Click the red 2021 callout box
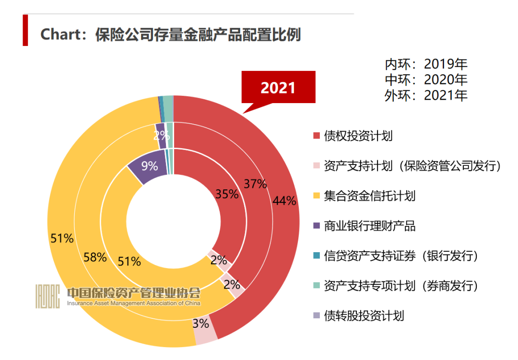(x=278, y=88)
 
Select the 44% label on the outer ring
(x=284, y=201)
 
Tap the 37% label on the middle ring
(x=255, y=184)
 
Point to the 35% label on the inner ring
(x=227, y=194)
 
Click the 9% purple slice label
(x=149, y=166)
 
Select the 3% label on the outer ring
(x=200, y=324)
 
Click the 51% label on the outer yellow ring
(x=62, y=238)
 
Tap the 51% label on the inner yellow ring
(x=129, y=262)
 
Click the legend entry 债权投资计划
(x=358, y=136)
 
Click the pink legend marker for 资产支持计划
(x=317, y=166)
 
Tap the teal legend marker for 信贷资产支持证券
(x=317, y=256)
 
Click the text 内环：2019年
(x=425, y=64)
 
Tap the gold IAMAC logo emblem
(x=47, y=296)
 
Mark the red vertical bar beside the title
(x=25, y=30)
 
